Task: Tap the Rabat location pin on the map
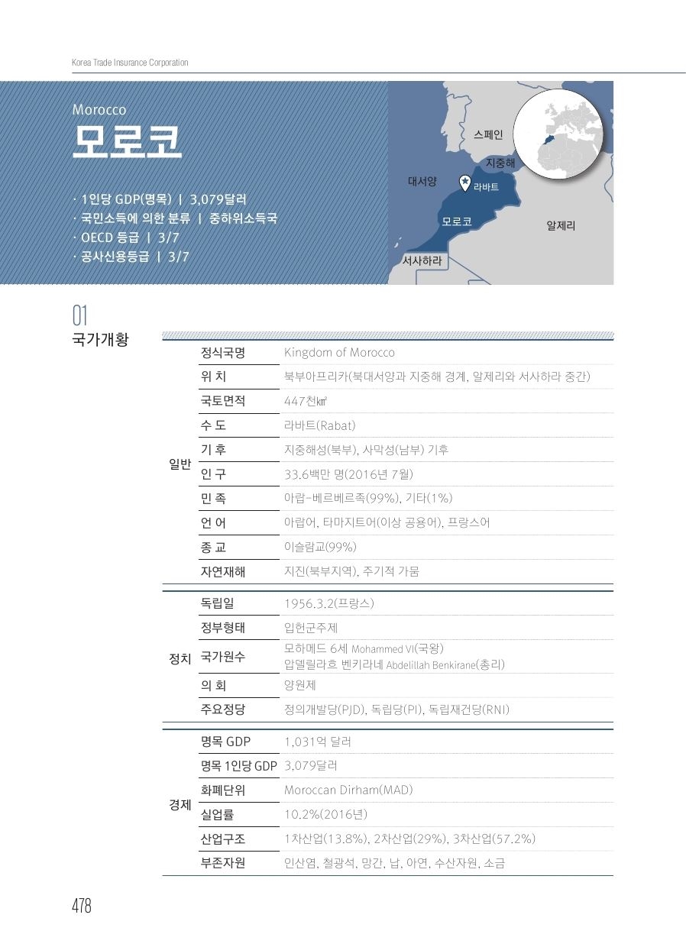pyautogui.click(x=464, y=182)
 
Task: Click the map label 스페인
pyautogui.click(x=488, y=135)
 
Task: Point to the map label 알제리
pyautogui.click(x=561, y=226)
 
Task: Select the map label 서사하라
pyautogui.click(x=422, y=260)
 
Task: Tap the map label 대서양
pyautogui.click(x=422, y=182)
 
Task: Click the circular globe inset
pyautogui.click(x=564, y=130)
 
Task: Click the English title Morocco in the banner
pyautogui.click(x=99, y=110)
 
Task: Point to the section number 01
pyautogui.click(x=80, y=315)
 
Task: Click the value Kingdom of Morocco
pyautogui.click(x=339, y=352)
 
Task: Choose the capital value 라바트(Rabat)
pyautogui.click(x=319, y=425)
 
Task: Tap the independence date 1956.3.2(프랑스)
pyautogui.click(x=328, y=603)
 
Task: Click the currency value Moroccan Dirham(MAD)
pyautogui.click(x=348, y=790)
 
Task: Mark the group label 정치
pyautogui.click(x=180, y=658)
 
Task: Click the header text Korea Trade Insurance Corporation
pyautogui.click(x=130, y=63)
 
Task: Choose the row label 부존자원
pyautogui.click(x=223, y=864)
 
